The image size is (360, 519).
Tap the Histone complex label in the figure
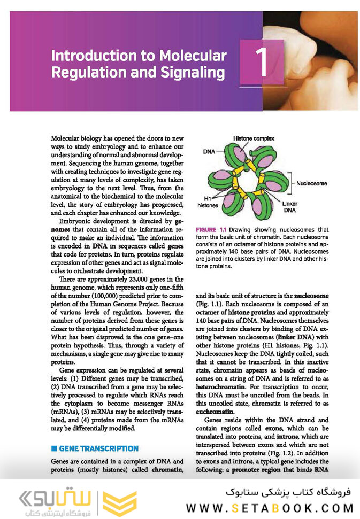tap(254, 138)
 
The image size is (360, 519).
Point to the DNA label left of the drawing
tap(209, 151)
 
